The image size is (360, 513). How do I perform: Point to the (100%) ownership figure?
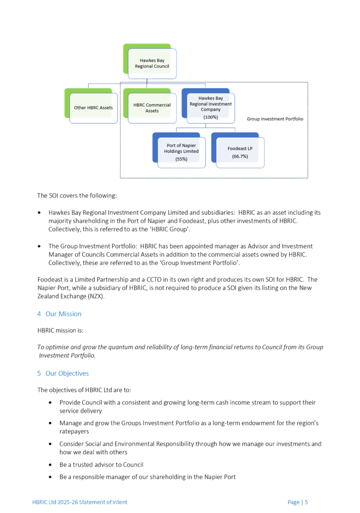click(210, 117)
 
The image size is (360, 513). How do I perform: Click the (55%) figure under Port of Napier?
click(182, 159)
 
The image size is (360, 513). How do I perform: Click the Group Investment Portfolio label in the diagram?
click(276, 118)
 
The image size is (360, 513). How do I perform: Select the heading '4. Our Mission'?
click(59, 314)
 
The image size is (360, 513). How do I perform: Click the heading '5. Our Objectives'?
click(63, 373)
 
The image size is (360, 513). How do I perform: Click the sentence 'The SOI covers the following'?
click(73, 195)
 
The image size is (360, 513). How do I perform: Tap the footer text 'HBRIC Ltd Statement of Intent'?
click(80, 502)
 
